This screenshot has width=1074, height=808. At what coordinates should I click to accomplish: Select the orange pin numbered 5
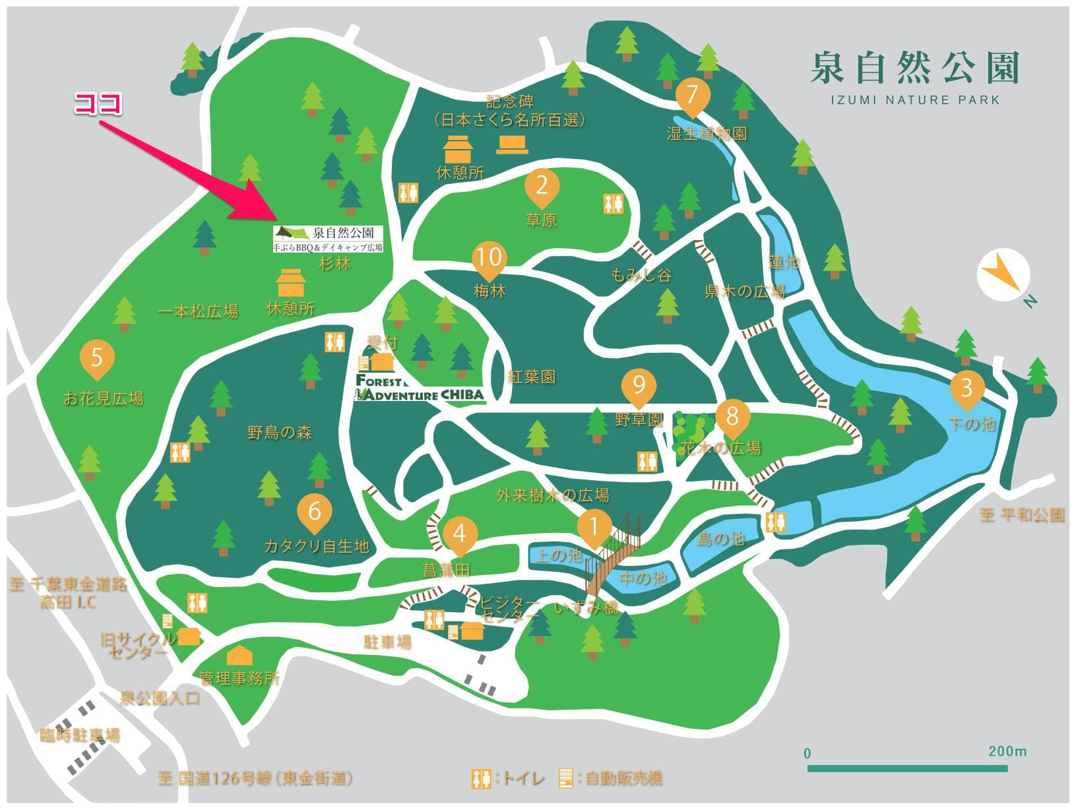97,359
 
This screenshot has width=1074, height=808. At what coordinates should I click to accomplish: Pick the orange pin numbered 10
489,258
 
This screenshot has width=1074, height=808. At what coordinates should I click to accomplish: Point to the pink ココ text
98,104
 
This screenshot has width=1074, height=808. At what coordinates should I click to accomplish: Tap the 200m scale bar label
1007,751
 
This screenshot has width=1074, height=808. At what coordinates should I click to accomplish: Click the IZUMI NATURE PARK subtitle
915,100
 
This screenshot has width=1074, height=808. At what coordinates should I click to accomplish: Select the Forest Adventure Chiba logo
420,388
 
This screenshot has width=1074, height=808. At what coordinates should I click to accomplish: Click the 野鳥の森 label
280,433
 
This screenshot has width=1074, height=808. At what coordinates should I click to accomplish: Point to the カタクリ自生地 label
316,546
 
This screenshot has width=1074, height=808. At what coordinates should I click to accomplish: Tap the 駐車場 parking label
387,641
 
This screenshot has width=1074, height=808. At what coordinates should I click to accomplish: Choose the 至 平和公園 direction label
1022,514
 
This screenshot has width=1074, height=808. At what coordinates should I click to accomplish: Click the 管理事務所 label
239,678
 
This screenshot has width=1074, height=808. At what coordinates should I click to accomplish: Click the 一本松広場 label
198,311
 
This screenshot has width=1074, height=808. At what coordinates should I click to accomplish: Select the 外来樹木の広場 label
553,495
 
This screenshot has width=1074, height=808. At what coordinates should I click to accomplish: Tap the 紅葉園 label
532,377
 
